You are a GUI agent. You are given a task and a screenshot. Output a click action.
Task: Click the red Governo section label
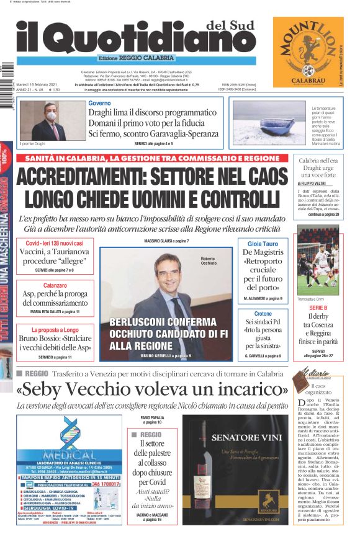(99, 103)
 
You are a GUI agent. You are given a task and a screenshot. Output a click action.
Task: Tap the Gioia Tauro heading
(263, 244)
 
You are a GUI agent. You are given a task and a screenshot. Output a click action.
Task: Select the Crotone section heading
(263, 314)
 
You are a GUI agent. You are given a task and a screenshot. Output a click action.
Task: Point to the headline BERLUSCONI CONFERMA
(163, 322)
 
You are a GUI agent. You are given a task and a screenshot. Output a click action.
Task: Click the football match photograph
(318, 260)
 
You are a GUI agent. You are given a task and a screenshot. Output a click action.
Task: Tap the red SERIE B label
(318, 308)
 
